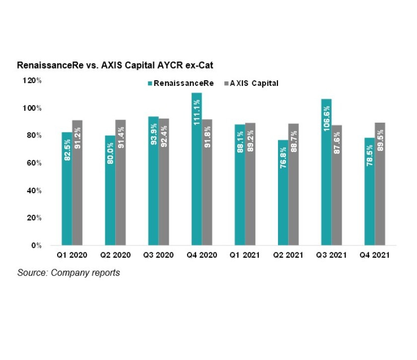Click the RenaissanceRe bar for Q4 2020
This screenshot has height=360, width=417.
tap(197, 169)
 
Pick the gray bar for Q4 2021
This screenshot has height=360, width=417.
tap(380, 184)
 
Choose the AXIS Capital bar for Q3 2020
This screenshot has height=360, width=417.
tap(163, 182)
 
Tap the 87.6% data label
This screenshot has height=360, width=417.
tap(337, 144)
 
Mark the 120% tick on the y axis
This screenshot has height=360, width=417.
tap(33, 80)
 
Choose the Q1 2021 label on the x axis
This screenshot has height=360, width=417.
tap(245, 255)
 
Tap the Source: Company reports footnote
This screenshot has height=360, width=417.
tap(69, 273)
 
